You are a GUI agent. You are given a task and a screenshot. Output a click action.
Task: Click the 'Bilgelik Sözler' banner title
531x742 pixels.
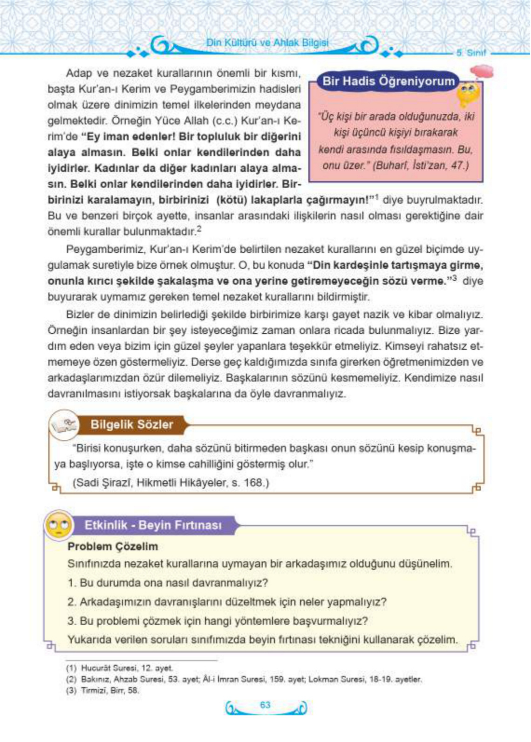point(131,425)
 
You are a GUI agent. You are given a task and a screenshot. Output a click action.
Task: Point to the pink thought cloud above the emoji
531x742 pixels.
point(481,70)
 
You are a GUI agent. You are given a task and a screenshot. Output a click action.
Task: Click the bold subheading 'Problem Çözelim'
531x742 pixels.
point(112,546)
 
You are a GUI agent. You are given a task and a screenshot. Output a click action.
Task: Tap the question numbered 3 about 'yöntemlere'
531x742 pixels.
point(218,620)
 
